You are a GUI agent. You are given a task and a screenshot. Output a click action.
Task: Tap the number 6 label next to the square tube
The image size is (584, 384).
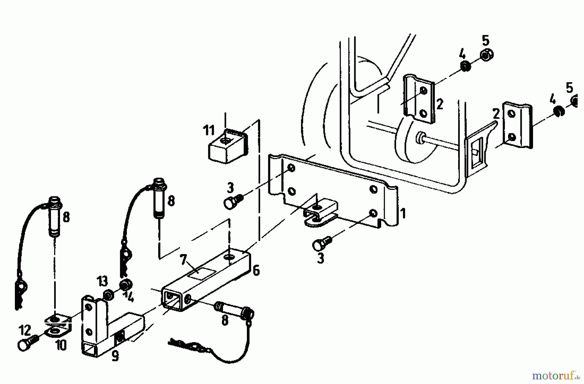pyautogui.click(x=256, y=270)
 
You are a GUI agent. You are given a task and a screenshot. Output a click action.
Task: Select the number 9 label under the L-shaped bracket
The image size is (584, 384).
pyautogui.click(x=115, y=356)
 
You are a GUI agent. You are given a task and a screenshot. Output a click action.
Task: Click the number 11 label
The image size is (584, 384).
pyautogui.click(x=209, y=131)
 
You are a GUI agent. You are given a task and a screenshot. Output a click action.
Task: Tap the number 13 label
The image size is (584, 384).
pyautogui.click(x=103, y=281)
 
